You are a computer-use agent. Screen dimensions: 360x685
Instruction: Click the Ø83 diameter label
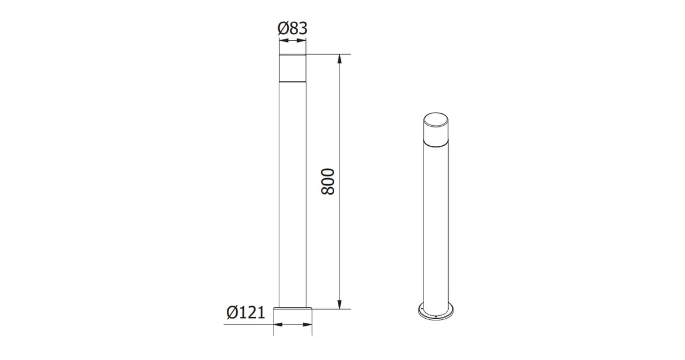pyautogui.click(x=292, y=28)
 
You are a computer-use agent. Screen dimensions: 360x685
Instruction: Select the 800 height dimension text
pyautogui.click(x=329, y=182)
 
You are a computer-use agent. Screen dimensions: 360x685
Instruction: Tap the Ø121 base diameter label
pyautogui.click(x=245, y=313)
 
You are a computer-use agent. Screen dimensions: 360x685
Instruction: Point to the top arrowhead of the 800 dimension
pyautogui.click(x=340, y=58)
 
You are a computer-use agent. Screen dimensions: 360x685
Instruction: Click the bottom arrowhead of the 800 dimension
pyautogui.click(x=340, y=305)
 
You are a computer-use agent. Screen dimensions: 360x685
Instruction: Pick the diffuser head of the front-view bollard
pyautogui.click(x=292, y=68)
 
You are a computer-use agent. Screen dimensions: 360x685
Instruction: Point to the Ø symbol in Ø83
pyautogui.click(x=282, y=28)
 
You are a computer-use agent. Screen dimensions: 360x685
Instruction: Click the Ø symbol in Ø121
pyautogui.click(x=232, y=313)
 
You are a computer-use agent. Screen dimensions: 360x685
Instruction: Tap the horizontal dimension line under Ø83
pyautogui.click(x=292, y=41)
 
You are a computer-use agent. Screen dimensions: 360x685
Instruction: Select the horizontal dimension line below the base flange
pyautogui.click(x=292, y=325)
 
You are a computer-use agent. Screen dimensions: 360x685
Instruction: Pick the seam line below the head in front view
pyautogui.click(x=292, y=81)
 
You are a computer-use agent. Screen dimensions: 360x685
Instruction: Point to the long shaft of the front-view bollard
pyautogui.click(x=292, y=195)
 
